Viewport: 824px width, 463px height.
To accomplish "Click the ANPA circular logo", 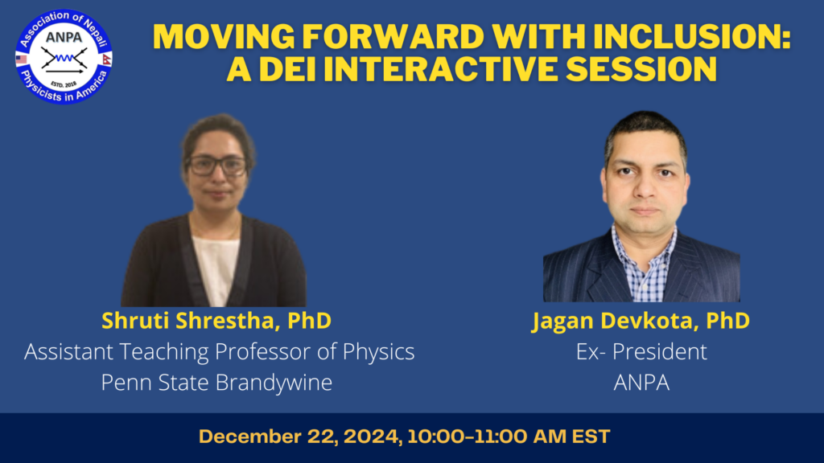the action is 64,57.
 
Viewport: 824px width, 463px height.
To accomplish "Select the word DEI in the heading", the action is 287,69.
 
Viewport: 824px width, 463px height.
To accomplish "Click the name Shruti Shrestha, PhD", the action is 216,321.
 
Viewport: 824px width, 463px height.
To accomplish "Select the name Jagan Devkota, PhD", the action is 641,321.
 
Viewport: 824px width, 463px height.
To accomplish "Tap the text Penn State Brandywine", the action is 216,383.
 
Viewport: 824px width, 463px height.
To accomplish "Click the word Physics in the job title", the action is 378,352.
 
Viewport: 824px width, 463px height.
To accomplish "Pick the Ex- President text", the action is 641,352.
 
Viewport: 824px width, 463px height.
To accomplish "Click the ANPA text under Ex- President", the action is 641,383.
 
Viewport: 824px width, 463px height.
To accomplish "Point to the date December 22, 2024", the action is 300,436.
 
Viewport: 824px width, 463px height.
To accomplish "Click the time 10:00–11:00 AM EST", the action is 509,436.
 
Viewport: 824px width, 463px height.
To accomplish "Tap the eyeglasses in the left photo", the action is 217,166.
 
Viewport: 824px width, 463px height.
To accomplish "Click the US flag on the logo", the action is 22,59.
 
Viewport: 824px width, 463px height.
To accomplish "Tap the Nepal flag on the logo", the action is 107,59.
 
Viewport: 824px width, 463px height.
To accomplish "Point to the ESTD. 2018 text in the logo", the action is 64,84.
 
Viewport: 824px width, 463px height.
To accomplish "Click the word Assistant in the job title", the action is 69,352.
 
